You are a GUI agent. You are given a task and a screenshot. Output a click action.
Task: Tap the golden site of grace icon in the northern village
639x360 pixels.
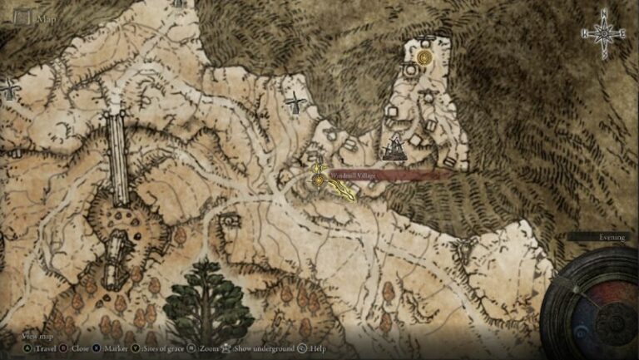coord(425,57)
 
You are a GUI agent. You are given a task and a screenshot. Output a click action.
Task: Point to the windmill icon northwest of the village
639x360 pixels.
coord(294,104)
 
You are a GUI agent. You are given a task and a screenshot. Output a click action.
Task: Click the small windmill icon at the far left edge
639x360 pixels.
coord(9,88)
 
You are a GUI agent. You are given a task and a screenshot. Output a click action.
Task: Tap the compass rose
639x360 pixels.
coord(604,33)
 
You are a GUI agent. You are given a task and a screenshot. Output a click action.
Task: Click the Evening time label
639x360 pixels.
coord(612,237)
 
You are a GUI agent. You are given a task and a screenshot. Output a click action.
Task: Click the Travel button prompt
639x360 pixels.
coord(37,348)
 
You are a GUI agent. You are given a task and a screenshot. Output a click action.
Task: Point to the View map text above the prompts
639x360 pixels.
coord(37,336)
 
